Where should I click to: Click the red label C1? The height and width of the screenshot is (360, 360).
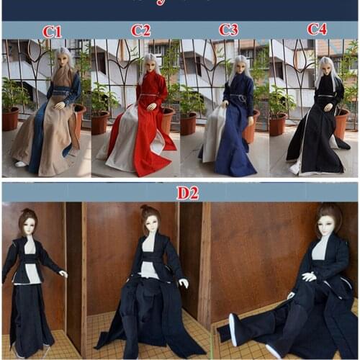(52, 31)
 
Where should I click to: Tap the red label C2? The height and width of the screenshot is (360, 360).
(141, 30)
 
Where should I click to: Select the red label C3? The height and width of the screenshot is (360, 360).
(229, 30)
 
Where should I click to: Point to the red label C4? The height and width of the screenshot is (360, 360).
(317, 29)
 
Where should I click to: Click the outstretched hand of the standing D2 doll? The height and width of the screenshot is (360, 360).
(64, 274)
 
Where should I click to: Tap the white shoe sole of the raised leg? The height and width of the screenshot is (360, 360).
(233, 320)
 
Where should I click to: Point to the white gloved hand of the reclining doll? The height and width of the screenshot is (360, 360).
(310, 276)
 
